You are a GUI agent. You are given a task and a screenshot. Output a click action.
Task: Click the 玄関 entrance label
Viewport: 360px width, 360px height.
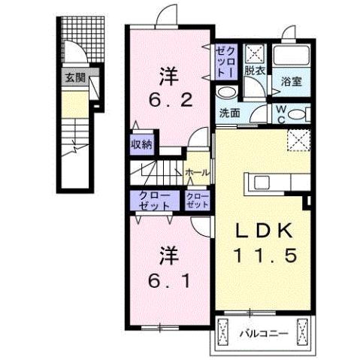pyautogui.click(x=74, y=77)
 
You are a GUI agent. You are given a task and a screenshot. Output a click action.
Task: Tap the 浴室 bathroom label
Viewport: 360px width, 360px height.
pyautogui.click(x=292, y=81)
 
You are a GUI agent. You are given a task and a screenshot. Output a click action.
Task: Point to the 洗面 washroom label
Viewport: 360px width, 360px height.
pyautogui.click(x=229, y=113)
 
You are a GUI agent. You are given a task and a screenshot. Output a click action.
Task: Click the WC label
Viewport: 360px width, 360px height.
pyautogui.click(x=280, y=113)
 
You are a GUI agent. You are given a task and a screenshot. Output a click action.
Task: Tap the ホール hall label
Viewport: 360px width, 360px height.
pyautogui.click(x=197, y=172)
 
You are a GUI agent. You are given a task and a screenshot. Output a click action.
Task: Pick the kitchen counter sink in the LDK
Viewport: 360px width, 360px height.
pyautogui.click(x=262, y=183)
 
